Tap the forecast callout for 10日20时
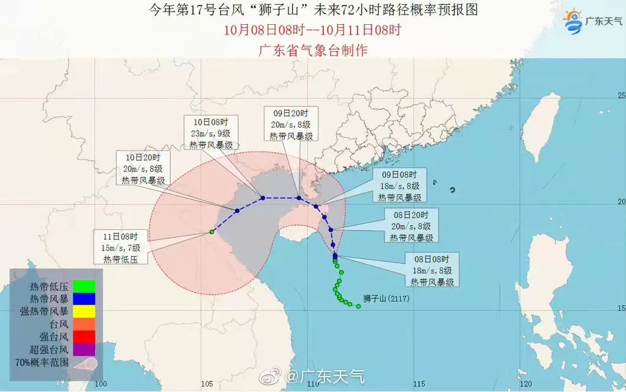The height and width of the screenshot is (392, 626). pos(143,169)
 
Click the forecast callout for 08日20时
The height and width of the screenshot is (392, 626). pos(412,226)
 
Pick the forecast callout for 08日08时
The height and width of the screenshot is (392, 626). pos(430,270)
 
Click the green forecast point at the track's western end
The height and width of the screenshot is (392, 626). pos(211,232)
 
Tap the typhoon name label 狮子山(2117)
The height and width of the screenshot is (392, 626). pos(386,299)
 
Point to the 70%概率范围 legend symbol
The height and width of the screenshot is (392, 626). pos(85,362)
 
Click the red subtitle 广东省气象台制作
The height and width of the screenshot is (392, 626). pos(313,50)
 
